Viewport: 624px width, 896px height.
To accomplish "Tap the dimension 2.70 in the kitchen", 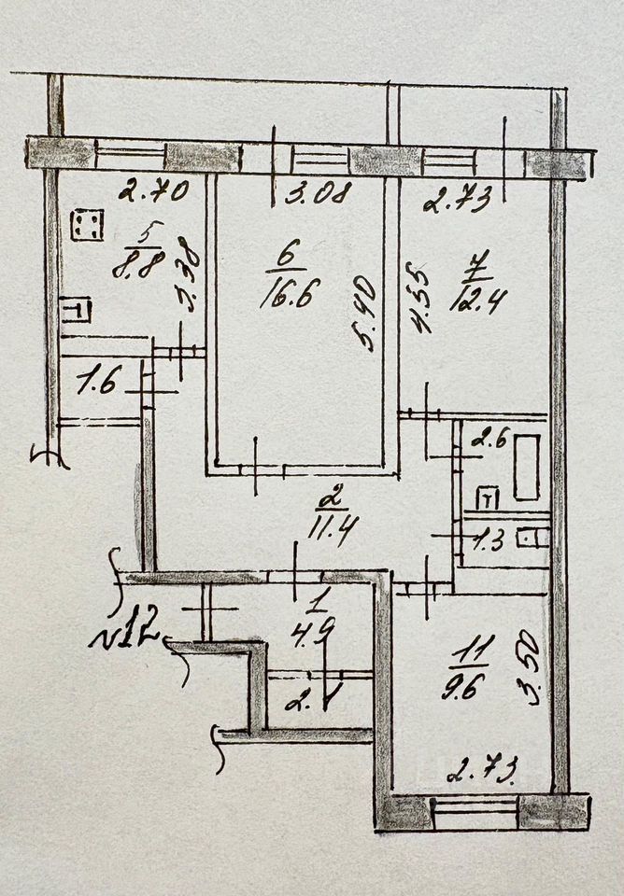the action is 153,193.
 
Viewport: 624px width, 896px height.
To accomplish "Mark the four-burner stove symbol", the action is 91,225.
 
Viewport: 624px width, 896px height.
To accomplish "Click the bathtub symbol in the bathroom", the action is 525,466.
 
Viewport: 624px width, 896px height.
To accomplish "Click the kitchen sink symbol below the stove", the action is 77,309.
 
